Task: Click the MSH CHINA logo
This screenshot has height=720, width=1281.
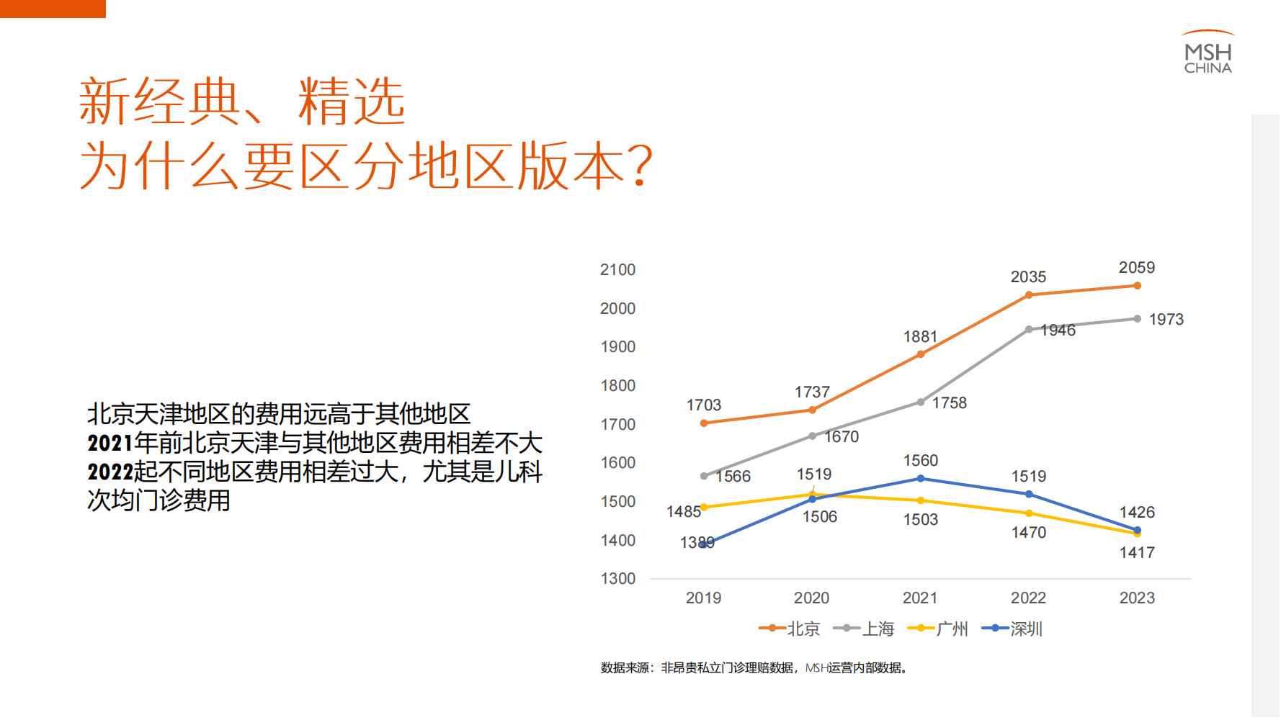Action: pyautogui.click(x=1208, y=53)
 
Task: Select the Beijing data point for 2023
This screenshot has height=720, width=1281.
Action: pyautogui.click(x=1137, y=286)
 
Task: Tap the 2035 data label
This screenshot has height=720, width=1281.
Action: pyautogui.click(x=1028, y=277)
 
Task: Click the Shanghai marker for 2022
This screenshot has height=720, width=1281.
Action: pyautogui.click(x=1029, y=330)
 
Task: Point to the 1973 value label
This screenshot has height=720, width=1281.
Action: pyautogui.click(x=1166, y=320)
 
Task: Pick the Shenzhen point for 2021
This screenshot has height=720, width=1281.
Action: pyautogui.click(x=921, y=479)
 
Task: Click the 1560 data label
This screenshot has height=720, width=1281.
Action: pyautogui.click(x=921, y=461)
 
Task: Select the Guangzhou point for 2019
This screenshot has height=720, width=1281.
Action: pyautogui.click(x=704, y=508)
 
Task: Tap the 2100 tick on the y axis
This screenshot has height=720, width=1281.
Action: pyautogui.click(x=617, y=270)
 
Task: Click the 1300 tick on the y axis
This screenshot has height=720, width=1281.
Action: pyautogui.click(x=618, y=579)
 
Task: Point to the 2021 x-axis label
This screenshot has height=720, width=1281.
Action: pyautogui.click(x=920, y=598)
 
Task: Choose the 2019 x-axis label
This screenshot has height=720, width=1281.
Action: pyautogui.click(x=703, y=598)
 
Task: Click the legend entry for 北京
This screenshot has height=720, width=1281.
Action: pyautogui.click(x=790, y=629)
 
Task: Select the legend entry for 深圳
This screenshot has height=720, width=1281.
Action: pyautogui.click(x=1012, y=629)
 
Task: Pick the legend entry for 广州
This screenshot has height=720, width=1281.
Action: pyautogui.click(x=938, y=629)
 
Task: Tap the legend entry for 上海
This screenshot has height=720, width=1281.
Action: pyautogui.click(x=864, y=629)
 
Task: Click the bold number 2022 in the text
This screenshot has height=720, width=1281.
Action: pyautogui.click(x=110, y=472)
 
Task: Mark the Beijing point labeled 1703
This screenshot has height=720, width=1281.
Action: pyautogui.click(x=704, y=423)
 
